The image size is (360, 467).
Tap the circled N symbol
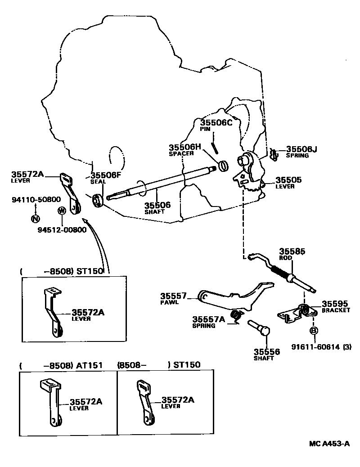(35, 219)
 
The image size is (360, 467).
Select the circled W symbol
(62, 211)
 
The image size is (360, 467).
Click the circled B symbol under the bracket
(313, 331)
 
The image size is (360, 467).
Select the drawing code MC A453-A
(329, 444)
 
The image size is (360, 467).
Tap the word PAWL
(169, 302)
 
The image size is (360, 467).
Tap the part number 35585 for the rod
(292, 252)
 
